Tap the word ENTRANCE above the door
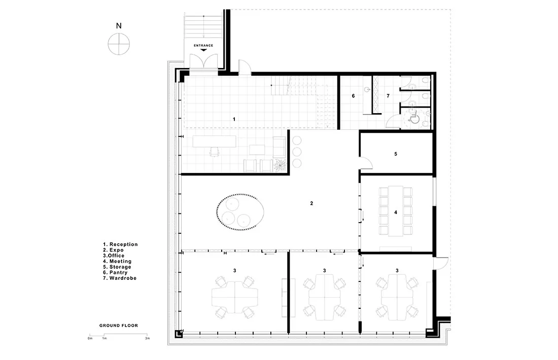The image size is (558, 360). tap(203, 46)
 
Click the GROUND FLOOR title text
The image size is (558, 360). tap(119, 326)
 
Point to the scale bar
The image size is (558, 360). tap(119, 335)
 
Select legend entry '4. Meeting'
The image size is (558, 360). tap(117, 261)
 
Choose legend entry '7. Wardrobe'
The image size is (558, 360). tap(120, 278)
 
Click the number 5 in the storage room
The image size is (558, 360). tap(396, 154)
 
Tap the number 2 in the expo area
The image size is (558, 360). tap(312, 203)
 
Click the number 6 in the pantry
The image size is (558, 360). tap(354, 96)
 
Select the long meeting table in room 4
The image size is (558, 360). tap(396, 211)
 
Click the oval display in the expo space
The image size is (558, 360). tap(240, 212)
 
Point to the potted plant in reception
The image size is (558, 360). tap(280, 165)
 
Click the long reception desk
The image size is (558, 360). tap(215, 141)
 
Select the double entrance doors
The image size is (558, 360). tap(203, 61)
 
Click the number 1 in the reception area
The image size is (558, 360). tap(234, 120)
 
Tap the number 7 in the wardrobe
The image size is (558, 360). tap(388, 96)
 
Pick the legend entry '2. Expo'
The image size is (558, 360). tap(113, 250)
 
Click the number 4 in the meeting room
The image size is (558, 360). tap(396, 212)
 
